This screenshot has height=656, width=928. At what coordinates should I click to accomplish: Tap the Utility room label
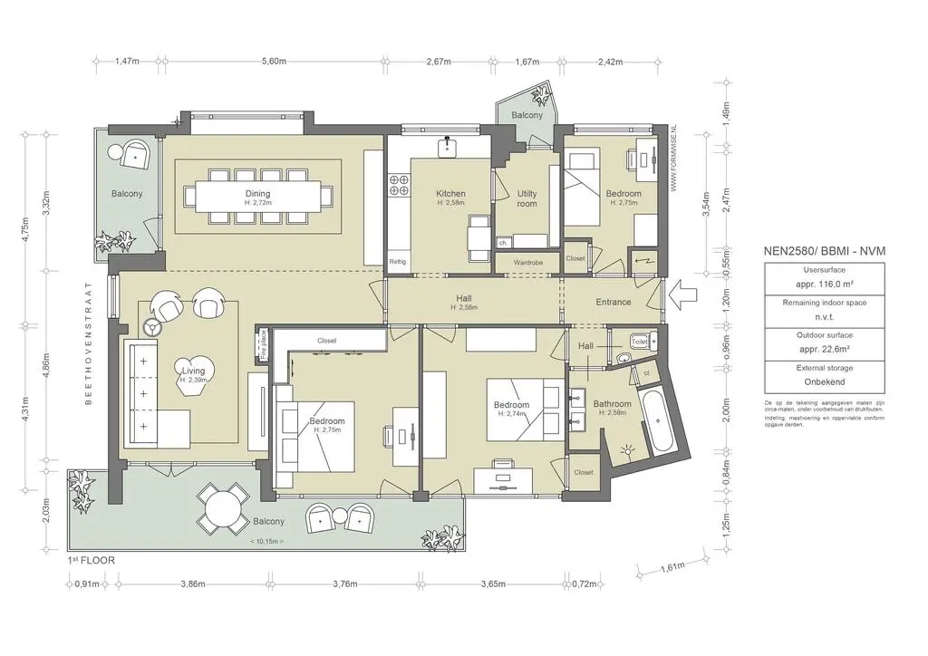click(527, 198)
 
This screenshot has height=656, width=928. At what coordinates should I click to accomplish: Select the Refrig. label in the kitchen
click(398, 262)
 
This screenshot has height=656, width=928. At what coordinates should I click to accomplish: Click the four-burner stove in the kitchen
click(399, 186)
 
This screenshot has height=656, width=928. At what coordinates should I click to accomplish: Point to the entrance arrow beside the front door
click(681, 294)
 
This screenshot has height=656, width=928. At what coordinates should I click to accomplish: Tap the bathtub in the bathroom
click(656, 420)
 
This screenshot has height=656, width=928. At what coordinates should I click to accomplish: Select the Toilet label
click(639, 342)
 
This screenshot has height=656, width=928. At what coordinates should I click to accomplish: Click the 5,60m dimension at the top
click(274, 62)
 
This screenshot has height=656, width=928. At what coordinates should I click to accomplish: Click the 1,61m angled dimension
click(672, 567)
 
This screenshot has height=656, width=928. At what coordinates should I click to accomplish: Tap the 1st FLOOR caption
click(91, 560)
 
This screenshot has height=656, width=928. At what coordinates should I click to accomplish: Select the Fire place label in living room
click(264, 345)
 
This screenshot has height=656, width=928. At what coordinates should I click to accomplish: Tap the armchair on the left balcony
click(136, 154)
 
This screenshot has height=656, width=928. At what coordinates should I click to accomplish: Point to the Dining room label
click(257, 193)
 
